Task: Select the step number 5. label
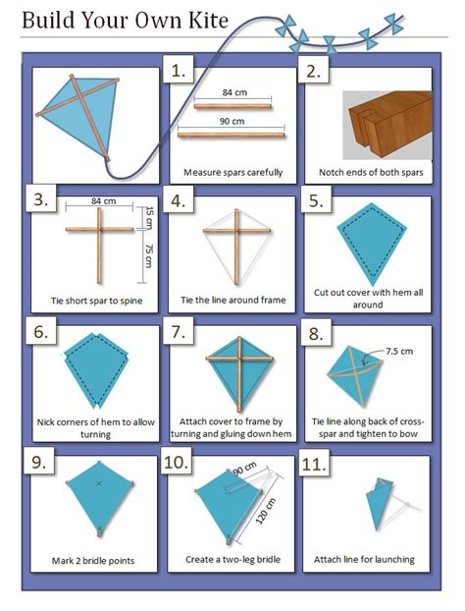coord(316,200)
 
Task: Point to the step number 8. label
coord(316,334)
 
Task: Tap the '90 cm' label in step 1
coord(232,122)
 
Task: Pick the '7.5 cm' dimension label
coord(399,350)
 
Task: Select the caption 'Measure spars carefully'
coord(232,172)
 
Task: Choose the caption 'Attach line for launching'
coord(364,560)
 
